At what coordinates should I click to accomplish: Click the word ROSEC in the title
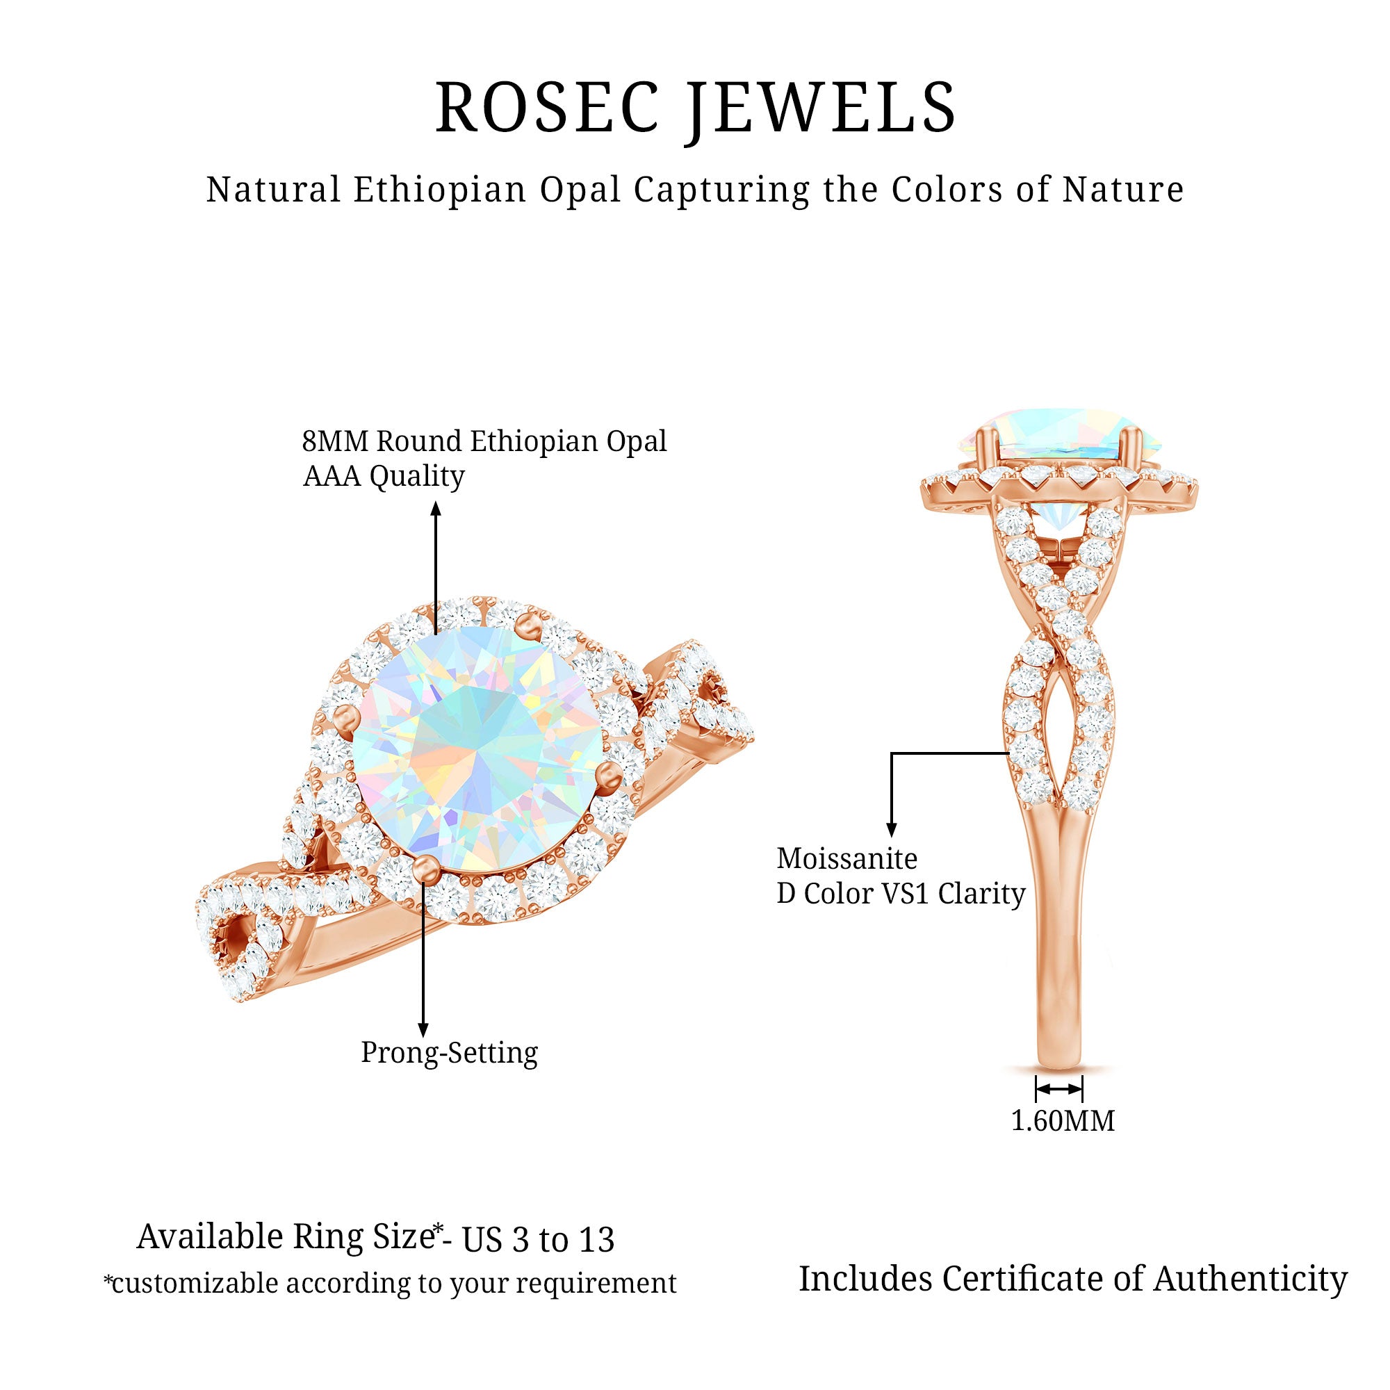pyautogui.click(x=547, y=108)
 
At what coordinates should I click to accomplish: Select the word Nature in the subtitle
pyautogui.click(x=1123, y=190)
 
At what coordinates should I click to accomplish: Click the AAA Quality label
pyautogui.click(x=384, y=476)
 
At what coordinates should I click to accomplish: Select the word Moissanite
pyautogui.click(x=847, y=859)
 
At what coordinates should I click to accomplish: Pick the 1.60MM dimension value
pyautogui.click(x=1063, y=1121)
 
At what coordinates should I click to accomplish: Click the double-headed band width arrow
pyautogui.click(x=1058, y=1089)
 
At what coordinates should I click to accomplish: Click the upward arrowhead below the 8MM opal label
pyautogui.click(x=436, y=509)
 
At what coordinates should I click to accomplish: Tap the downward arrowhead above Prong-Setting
pyautogui.click(x=423, y=1029)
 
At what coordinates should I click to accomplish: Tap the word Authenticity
pyautogui.click(x=1250, y=1279)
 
